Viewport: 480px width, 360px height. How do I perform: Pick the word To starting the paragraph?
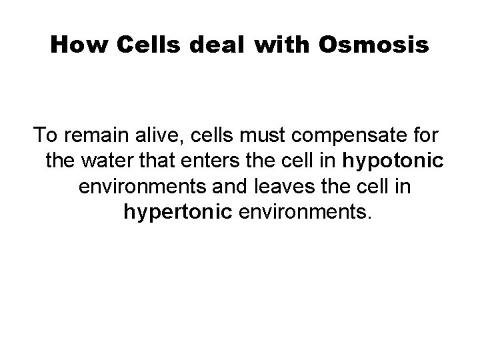[45, 136]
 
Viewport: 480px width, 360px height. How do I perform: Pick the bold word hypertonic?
[175, 213]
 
